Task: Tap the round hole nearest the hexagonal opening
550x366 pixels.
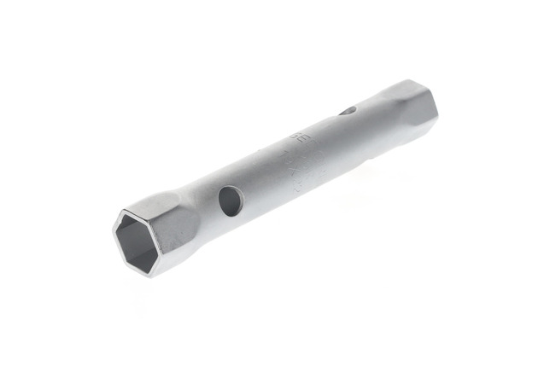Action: [231, 200]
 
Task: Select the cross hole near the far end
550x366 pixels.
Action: [348, 111]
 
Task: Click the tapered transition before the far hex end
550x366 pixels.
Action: [376, 111]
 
